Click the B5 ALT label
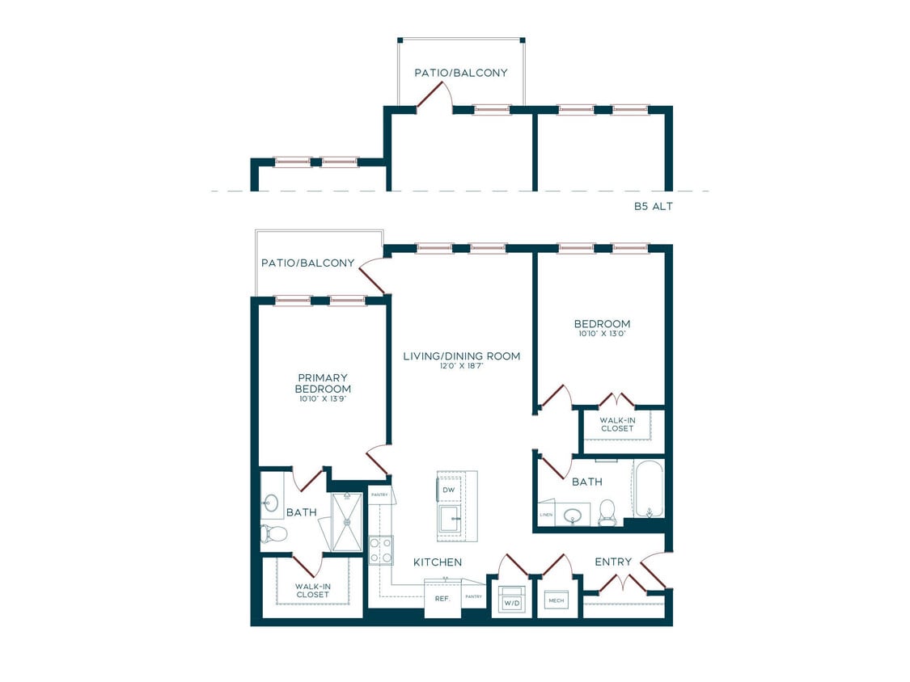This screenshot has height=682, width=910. tap(653, 207)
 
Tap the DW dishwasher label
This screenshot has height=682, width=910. tap(448, 490)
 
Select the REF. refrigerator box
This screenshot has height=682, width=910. tap(442, 599)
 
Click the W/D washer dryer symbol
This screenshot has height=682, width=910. tap(511, 600)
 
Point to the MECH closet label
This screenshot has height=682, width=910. tap(556, 600)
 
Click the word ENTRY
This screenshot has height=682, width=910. tap(613, 562)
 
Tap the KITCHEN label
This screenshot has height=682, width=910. tap(437, 562)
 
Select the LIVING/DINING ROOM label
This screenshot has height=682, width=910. tap(461, 356)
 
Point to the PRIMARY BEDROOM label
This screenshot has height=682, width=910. tap(324, 383)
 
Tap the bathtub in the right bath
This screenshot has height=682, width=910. tap(649, 489)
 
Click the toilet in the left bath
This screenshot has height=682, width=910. tap(274, 533)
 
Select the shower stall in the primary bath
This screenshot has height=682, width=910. tap(347, 522)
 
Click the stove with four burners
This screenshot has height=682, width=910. tap(381, 550)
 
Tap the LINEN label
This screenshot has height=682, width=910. tap(546, 514)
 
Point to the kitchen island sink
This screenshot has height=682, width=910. tap(449, 520)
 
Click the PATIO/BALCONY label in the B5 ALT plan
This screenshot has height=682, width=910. tap(461, 73)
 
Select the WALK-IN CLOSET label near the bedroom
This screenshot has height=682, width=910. tap(617, 423)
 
